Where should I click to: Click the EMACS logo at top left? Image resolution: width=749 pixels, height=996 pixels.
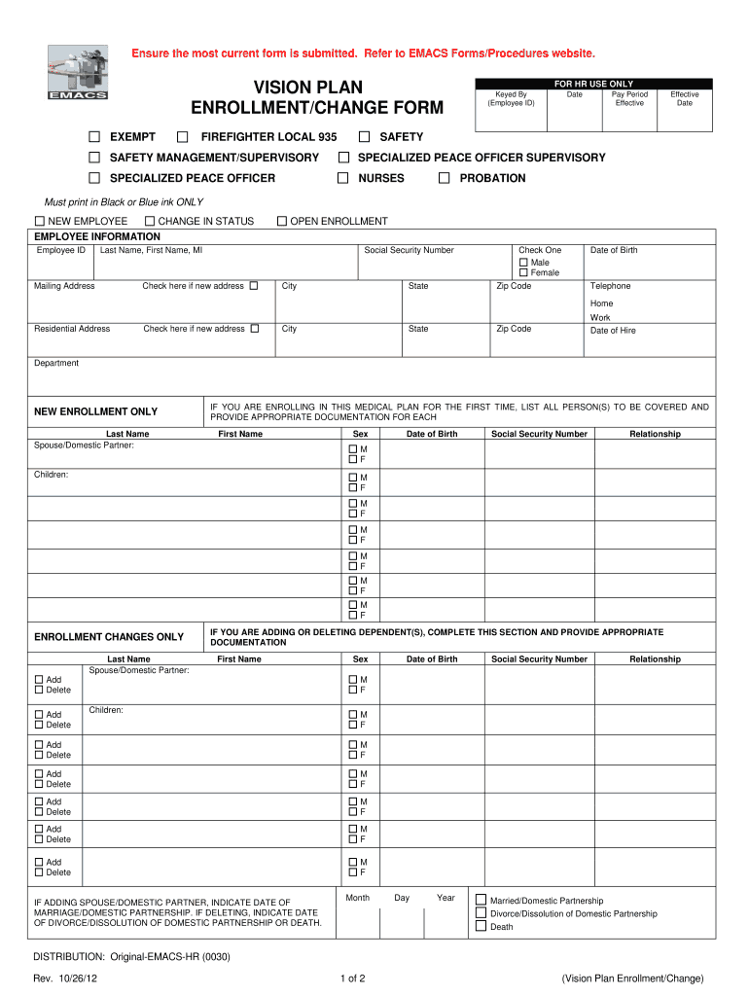pos(78,73)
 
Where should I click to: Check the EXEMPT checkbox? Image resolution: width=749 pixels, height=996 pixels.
pos(94,137)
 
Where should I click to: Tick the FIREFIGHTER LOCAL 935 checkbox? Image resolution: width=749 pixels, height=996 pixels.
pos(182,137)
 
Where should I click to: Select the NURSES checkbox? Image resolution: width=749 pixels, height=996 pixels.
pos(342,178)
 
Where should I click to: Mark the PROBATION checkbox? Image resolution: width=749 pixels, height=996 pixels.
pos(444,178)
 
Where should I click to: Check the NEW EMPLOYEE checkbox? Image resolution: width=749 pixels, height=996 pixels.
pos(40,222)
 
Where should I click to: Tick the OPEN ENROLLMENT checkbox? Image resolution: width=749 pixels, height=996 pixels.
pos(282,222)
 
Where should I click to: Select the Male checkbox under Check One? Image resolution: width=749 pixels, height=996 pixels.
pos(524,263)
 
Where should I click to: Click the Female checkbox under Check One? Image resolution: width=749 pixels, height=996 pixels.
pos(524,273)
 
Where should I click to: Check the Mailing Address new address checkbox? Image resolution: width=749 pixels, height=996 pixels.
pos(254,286)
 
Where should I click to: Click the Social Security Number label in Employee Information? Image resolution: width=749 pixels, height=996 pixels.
pos(409,250)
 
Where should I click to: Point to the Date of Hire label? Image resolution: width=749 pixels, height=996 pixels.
pos(613,331)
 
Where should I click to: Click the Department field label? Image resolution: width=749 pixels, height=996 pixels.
pos(56,364)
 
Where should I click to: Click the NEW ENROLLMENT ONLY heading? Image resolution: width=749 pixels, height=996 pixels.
pos(95,412)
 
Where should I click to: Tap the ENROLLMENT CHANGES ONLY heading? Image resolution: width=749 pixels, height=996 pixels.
pos(109,637)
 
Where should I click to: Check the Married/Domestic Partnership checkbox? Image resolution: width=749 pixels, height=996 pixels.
pos(481,900)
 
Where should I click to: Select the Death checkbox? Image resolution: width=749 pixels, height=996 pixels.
pos(481,926)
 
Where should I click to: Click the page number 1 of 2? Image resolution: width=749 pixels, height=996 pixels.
pos(353,978)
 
